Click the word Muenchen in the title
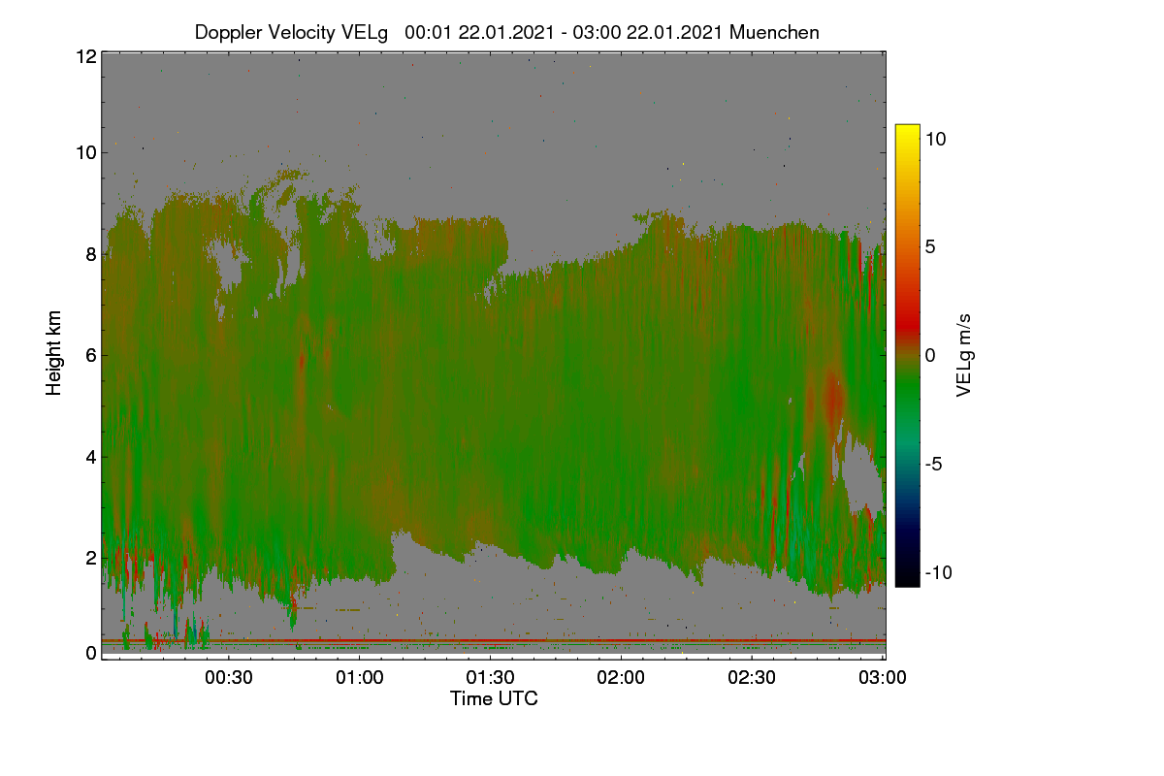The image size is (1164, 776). click(x=774, y=32)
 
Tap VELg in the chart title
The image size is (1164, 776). click(x=365, y=33)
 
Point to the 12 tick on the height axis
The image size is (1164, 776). click(x=86, y=56)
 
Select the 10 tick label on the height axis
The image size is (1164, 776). click(x=86, y=153)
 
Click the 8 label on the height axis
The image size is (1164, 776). click(x=91, y=254)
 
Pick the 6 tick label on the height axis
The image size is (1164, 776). click(x=91, y=356)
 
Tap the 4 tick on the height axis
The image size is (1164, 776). click(x=91, y=457)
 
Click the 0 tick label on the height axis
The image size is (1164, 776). click(x=91, y=653)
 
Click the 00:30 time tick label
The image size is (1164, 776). click(x=229, y=677)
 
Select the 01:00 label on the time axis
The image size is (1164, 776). click(x=360, y=677)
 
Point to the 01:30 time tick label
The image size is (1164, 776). click(x=490, y=677)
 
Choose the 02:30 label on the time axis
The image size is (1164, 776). click(x=752, y=677)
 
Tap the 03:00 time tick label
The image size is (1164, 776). click(x=883, y=677)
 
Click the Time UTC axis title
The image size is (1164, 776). click(x=494, y=698)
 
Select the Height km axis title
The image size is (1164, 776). click(x=53, y=353)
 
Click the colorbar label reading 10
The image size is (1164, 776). click(x=935, y=139)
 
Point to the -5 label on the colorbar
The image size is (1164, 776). click(x=933, y=464)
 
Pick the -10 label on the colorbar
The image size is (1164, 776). click(x=939, y=572)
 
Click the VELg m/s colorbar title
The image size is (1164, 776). click(x=964, y=356)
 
